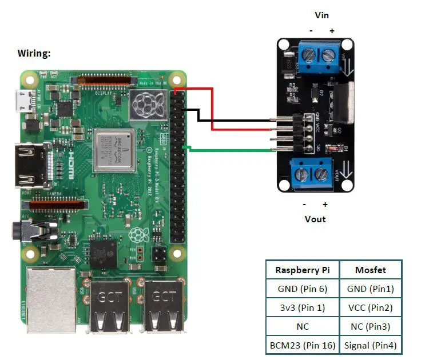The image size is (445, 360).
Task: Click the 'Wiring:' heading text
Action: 34,53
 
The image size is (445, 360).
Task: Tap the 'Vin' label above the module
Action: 322,15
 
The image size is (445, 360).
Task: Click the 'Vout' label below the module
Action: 315,219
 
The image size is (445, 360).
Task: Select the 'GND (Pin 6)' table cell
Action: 302,289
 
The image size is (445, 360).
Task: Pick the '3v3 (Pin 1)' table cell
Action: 302,307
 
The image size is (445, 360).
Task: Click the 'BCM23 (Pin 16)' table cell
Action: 302,345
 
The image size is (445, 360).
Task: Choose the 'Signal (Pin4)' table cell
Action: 370,345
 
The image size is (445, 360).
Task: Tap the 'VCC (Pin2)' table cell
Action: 370,307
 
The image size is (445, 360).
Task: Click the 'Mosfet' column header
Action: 370,270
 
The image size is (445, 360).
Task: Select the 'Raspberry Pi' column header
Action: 302,270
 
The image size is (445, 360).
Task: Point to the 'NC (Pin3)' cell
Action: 370,326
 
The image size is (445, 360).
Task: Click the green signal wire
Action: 229,150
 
